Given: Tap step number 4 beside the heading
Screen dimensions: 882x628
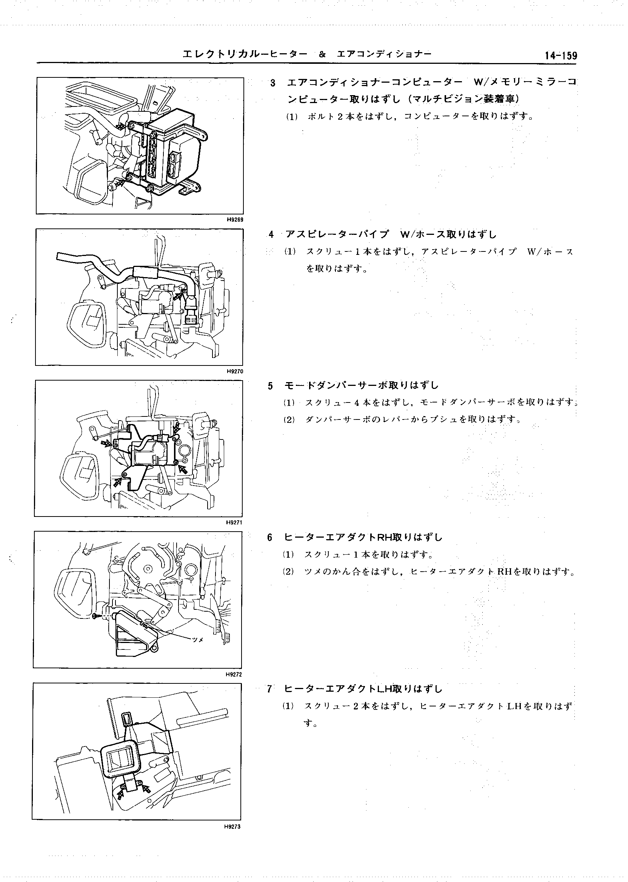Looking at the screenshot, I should (271, 235).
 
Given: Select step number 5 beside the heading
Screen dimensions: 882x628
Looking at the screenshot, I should (270, 385).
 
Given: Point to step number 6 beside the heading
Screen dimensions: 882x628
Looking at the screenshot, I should (270, 537).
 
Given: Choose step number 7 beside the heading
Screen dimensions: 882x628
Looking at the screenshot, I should (269, 689).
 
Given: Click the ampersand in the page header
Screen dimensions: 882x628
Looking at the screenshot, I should (322, 54).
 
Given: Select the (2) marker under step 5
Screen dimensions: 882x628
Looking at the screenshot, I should (289, 419).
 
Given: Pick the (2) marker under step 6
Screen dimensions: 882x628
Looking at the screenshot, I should (289, 571).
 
